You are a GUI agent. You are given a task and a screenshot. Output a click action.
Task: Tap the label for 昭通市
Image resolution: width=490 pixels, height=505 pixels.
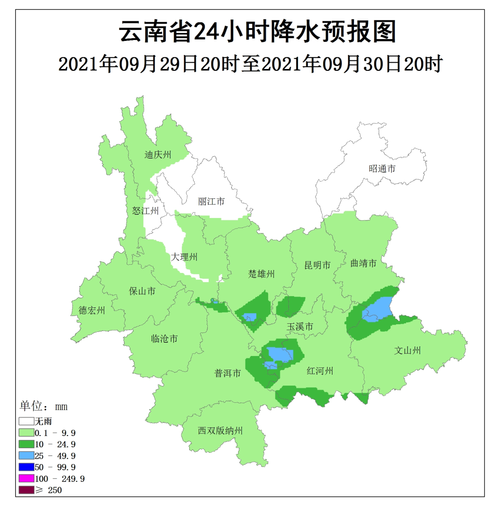[x=382, y=168]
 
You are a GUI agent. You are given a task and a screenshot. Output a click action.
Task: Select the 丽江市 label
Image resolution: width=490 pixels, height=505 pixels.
[x=211, y=201]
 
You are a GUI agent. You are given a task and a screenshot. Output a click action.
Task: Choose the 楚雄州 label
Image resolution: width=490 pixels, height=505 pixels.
[x=262, y=274]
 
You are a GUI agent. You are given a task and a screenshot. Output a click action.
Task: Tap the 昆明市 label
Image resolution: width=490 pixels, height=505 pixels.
[x=318, y=265]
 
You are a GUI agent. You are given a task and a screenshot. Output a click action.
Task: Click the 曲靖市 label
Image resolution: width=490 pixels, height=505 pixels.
[x=364, y=263]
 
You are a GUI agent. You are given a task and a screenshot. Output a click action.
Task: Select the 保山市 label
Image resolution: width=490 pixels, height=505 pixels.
[x=142, y=291]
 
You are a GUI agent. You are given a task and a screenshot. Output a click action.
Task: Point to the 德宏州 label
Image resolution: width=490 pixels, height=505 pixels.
[x=92, y=311]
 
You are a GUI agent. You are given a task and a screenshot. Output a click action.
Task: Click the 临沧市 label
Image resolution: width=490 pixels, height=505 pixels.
[x=164, y=339]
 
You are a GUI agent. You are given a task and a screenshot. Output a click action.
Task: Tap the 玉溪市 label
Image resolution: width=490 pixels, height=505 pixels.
[x=300, y=327]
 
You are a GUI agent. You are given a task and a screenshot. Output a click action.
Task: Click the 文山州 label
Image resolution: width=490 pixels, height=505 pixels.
[x=407, y=351]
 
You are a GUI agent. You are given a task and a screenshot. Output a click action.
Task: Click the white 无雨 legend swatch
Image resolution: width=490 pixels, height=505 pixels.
[x=26, y=421]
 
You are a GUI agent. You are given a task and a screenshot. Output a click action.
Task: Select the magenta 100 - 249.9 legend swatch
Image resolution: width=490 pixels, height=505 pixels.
[x=26, y=479]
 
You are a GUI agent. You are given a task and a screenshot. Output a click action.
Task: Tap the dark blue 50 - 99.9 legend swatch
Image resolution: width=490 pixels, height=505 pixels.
[x=26, y=467]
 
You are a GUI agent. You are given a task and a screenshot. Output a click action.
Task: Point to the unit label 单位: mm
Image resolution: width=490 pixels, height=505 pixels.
[x=44, y=406]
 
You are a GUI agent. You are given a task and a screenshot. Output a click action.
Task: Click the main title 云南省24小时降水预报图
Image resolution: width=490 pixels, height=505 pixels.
[x=258, y=32]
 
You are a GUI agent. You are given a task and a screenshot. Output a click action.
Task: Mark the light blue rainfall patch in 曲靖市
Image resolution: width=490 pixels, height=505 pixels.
[x=377, y=310]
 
